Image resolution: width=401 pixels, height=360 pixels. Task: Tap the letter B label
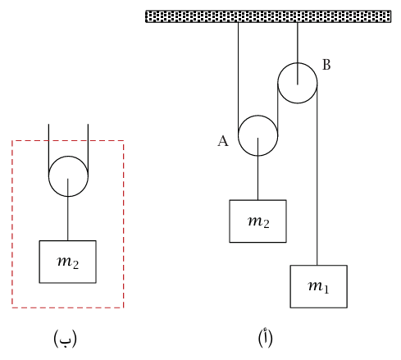(x=326, y=65)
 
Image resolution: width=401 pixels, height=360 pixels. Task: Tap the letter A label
(x=223, y=141)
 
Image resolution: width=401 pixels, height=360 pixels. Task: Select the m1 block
(x=319, y=286)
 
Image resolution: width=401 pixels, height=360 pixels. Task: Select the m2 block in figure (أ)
(x=257, y=221)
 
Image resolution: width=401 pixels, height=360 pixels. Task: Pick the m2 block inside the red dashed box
(x=67, y=262)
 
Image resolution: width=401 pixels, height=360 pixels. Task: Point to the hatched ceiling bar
(x=268, y=16)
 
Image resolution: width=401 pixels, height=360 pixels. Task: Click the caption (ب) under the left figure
(x=65, y=339)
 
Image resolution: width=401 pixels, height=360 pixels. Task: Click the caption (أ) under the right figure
(x=265, y=338)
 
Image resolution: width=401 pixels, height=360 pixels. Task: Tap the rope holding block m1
(x=317, y=174)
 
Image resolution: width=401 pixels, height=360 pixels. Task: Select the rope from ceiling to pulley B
(x=298, y=53)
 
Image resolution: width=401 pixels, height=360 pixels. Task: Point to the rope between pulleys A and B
(x=278, y=109)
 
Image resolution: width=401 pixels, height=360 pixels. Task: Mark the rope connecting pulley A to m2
(x=257, y=169)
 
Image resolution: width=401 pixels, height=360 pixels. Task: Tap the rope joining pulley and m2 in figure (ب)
(x=68, y=210)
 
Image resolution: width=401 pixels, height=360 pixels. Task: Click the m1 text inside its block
(x=319, y=287)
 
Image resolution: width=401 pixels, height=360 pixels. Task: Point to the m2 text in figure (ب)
(x=68, y=262)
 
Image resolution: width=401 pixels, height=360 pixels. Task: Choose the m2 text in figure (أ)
(x=258, y=221)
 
